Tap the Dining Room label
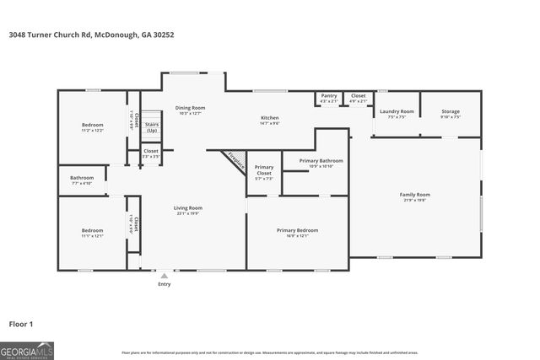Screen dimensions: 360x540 (x=190, y=109)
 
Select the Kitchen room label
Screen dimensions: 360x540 (x=269, y=118)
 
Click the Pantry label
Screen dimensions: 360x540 (x=329, y=96)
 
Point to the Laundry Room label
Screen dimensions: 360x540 (x=397, y=112)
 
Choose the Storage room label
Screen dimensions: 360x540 (x=451, y=112)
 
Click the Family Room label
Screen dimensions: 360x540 (x=414, y=196)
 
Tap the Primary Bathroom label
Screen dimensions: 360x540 (x=321, y=160)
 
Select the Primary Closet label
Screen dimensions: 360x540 (x=264, y=169)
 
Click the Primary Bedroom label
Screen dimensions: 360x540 (x=298, y=230)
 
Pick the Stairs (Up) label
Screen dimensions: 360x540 (x=152, y=127)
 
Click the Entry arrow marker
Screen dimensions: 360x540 (x=165, y=275)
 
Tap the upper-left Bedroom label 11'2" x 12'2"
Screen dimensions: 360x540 (x=92, y=126)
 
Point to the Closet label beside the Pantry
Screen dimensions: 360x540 (x=359, y=96)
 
